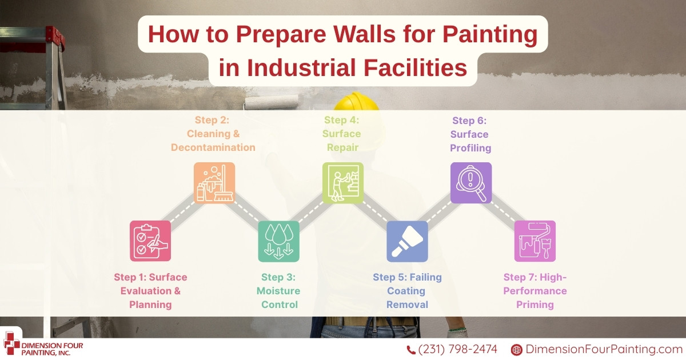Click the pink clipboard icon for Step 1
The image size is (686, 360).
(x=150, y=241)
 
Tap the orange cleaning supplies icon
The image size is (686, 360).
(x=214, y=183)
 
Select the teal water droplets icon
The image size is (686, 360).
(x=279, y=241)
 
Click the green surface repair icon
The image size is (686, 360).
(x=343, y=183)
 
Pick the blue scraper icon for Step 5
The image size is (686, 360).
(x=407, y=241)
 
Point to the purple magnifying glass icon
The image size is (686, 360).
(x=471, y=183)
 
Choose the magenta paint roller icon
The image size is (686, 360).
(x=535, y=241)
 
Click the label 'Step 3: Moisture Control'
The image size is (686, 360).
(x=279, y=291)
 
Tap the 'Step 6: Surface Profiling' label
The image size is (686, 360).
(x=470, y=134)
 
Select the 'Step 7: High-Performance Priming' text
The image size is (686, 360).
(x=535, y=291)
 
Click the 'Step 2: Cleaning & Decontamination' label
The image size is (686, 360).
(x=213, y=134)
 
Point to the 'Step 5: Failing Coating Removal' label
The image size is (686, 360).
(x=407, y=291)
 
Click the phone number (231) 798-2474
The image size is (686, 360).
(x=457, y=349)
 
